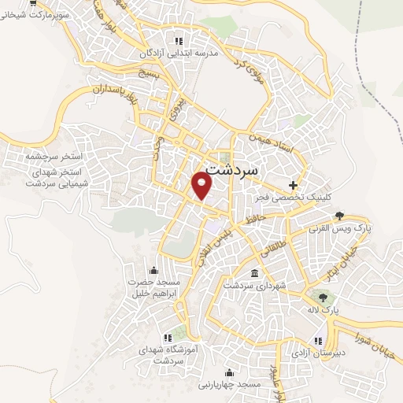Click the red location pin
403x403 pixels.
pyautogui.click(x=202, y=185)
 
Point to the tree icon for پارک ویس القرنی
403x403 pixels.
pyautogui.click(x=339, y=215)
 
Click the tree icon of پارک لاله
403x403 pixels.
pyautogui.click(x=321, y=298)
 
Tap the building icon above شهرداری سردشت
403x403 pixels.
pyautogui.click(x=253, y=274)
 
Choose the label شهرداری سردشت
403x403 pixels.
pyautogui.click(x=253, y=287)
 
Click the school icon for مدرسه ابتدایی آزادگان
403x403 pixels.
pyautogui.click(x=178, y=40)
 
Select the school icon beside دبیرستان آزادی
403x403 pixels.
pyautogui.click(x=318, y=341)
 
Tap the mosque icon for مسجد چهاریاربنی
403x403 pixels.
pyautogui.click(x=228, y=372)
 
